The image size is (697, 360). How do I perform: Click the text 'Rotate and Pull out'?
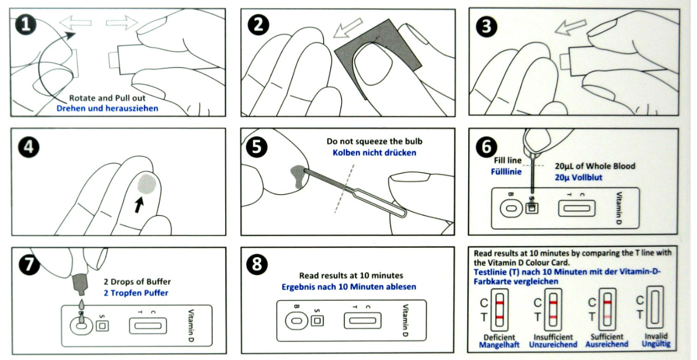[107, 98]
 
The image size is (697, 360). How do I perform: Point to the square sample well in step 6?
[532, 208]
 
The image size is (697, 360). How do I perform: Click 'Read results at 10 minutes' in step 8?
[351, 275]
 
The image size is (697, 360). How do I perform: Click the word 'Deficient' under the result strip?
[499, 337]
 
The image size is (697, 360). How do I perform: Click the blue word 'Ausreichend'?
[606, 344]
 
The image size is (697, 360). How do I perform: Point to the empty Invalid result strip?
[655, 305]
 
